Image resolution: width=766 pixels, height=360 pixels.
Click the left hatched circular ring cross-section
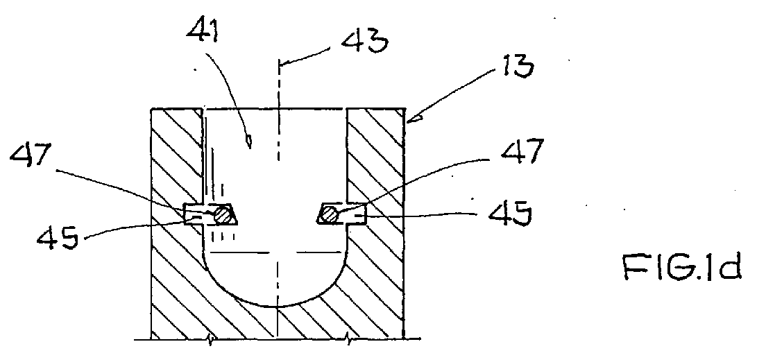(223, 214)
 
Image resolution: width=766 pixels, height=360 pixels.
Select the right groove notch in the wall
(356, 213)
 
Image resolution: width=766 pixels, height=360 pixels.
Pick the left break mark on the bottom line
(210, 339)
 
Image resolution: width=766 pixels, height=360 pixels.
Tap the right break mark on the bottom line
(348, 338)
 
